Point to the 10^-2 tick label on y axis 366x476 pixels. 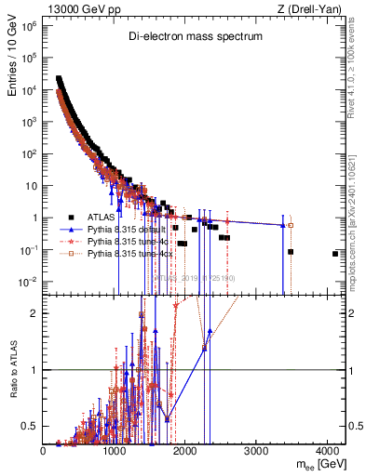30,281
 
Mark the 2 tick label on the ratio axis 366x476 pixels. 34,313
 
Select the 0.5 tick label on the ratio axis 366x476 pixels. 31,426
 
